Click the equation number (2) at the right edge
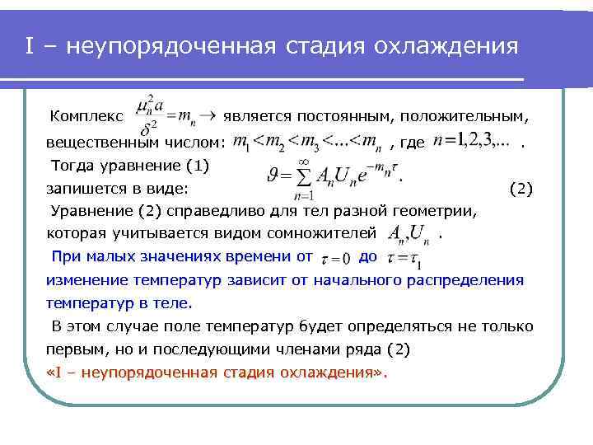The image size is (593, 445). point(521,189)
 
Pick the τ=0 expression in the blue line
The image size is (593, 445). point(334,257)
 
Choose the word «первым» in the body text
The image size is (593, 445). point(73,349)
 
